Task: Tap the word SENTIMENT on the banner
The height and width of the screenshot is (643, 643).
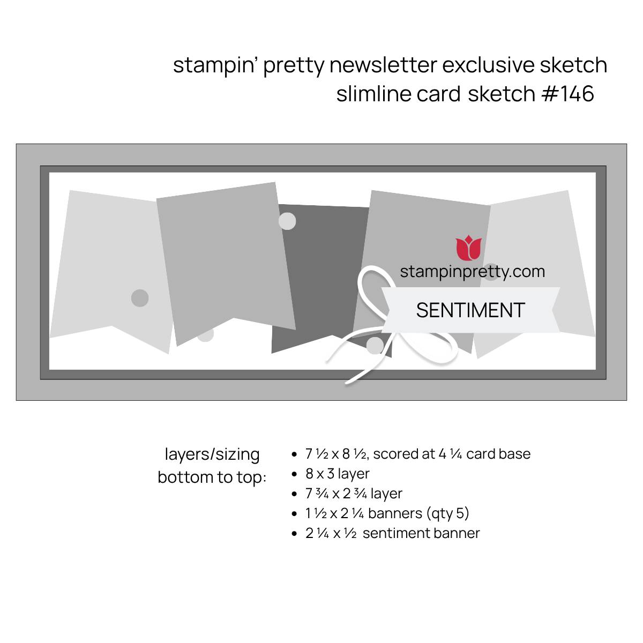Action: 470,310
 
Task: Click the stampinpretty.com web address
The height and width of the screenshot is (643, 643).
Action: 473,272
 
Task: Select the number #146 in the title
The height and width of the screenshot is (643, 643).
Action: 567,93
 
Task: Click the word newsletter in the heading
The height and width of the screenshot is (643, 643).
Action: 383,65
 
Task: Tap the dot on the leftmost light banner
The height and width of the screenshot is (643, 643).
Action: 140,297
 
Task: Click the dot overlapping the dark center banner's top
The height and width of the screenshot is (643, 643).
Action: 287,221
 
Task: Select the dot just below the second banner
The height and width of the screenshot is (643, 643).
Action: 205,334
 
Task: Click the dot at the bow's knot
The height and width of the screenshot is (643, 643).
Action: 375,346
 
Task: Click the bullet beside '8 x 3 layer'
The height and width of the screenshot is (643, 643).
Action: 294,474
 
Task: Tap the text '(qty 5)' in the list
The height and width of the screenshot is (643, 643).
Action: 447,513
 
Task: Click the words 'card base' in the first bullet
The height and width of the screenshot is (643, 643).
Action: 498,454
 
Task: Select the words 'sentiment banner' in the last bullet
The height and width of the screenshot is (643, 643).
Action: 421,533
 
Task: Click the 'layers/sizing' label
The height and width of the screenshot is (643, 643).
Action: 212,454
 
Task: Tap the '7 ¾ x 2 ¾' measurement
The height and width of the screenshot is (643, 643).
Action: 336,494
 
